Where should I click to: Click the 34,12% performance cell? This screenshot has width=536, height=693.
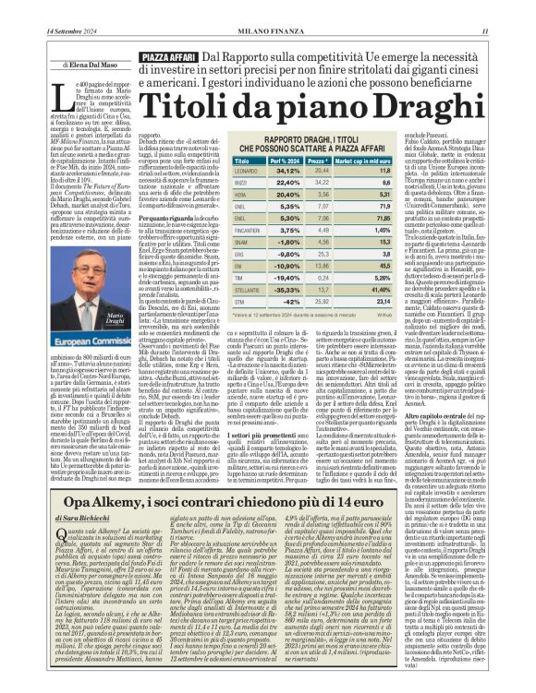pyautogui.click(x=288, y=170)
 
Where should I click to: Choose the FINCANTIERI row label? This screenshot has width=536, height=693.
pyautogui.click(x=254, y=229)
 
